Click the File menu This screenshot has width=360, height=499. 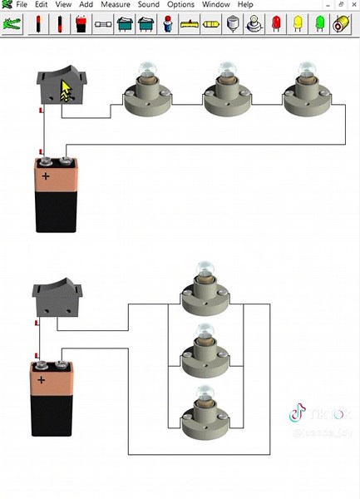[21, 5]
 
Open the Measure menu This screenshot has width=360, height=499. [115, 5]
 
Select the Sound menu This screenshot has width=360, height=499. [148, 5]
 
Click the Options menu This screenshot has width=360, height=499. [180, 5]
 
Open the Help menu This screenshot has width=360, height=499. [245, 5]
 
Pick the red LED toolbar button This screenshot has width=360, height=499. [275, 24]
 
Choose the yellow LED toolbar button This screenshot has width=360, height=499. [297, 24]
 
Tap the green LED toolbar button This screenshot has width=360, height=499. [318, 24]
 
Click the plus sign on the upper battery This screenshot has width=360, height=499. [46, 176]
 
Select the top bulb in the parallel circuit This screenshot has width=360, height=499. [204, 291]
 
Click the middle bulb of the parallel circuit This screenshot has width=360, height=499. [204, 352]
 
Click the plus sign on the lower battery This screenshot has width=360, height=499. [42, 380]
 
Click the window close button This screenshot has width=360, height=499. [353, 5]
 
